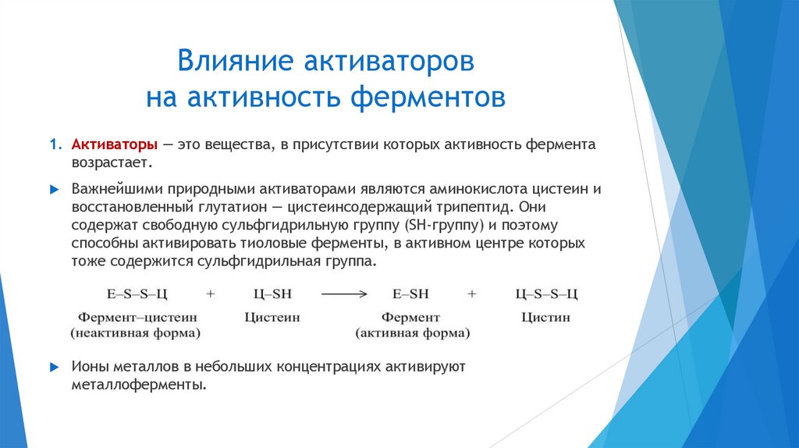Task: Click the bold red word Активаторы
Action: point(115,146)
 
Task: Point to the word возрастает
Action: point(107,164)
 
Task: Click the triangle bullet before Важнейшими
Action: point(54,190)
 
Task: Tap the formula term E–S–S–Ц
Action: point(136,294)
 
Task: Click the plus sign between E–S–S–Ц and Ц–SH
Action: point(210,294)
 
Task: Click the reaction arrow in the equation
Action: point(344,294)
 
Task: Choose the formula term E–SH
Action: point(411,294)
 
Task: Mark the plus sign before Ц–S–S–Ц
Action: point(471,294)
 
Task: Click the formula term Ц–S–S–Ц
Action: point(547,294)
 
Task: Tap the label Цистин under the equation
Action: point(547,318)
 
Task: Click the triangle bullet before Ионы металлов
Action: point(54,367)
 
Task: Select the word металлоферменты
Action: point(139,385)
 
